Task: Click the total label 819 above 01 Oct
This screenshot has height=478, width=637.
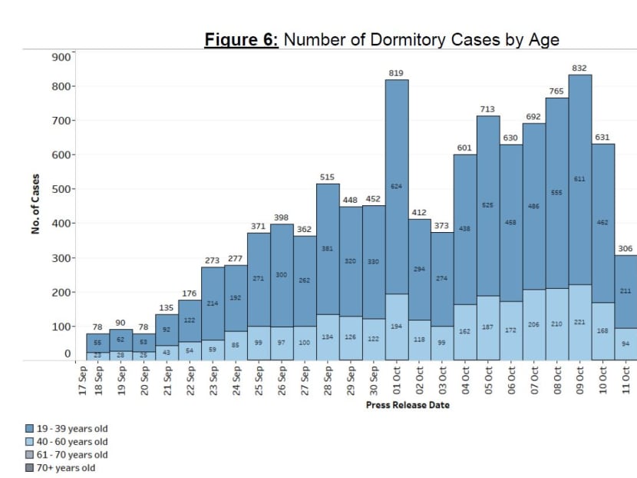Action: pos(396,72)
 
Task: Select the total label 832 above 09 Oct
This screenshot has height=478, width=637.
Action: pos(579,68)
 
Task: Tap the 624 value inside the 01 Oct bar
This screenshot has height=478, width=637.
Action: pos(396,187)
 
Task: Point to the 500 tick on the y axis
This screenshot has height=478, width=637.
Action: pos(60,189)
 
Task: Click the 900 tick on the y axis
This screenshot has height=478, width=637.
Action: pos(60,55)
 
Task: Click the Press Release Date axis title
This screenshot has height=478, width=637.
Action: pos(408,405)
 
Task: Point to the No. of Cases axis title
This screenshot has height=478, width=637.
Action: pos(36,207)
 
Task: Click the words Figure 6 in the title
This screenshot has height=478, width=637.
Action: pos(241,40)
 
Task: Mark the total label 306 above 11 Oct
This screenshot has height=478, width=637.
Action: pos(625,248)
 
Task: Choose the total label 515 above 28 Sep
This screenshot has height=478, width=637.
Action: pos(327,177)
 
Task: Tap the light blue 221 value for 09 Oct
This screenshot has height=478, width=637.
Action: pos(579,323)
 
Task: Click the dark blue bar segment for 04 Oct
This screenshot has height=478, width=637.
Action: pos(465,231)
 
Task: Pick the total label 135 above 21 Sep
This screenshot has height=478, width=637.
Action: pos(167,307)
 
